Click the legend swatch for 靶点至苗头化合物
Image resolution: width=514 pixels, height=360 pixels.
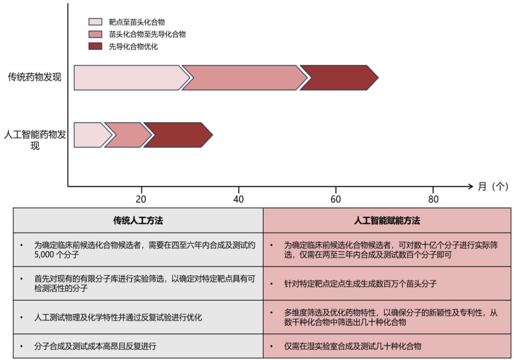[95, 22]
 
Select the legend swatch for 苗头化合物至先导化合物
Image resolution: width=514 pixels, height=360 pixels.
[95, 34]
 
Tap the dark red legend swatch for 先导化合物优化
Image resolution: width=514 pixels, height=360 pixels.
[95, 46]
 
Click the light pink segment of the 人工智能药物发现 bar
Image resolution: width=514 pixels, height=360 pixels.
[92, 135]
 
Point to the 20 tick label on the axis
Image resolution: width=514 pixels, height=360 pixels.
[141, 199]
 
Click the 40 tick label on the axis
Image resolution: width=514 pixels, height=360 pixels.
[238, 199]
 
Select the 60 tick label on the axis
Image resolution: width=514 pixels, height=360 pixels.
[336, 199]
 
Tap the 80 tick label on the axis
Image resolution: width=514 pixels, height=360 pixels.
[433, 199]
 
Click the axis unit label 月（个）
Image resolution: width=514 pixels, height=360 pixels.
[493, 186]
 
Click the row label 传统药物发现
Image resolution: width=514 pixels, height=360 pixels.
[34, 77]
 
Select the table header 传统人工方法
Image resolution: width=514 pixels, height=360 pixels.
[138, 220]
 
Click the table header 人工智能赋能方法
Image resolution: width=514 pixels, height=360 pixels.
[387, 220]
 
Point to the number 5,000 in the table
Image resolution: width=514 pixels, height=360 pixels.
[44, 255]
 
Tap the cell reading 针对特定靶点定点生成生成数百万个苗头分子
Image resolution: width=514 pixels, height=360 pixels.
[360, 284]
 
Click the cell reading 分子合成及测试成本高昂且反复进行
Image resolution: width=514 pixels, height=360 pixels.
[95, 346]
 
